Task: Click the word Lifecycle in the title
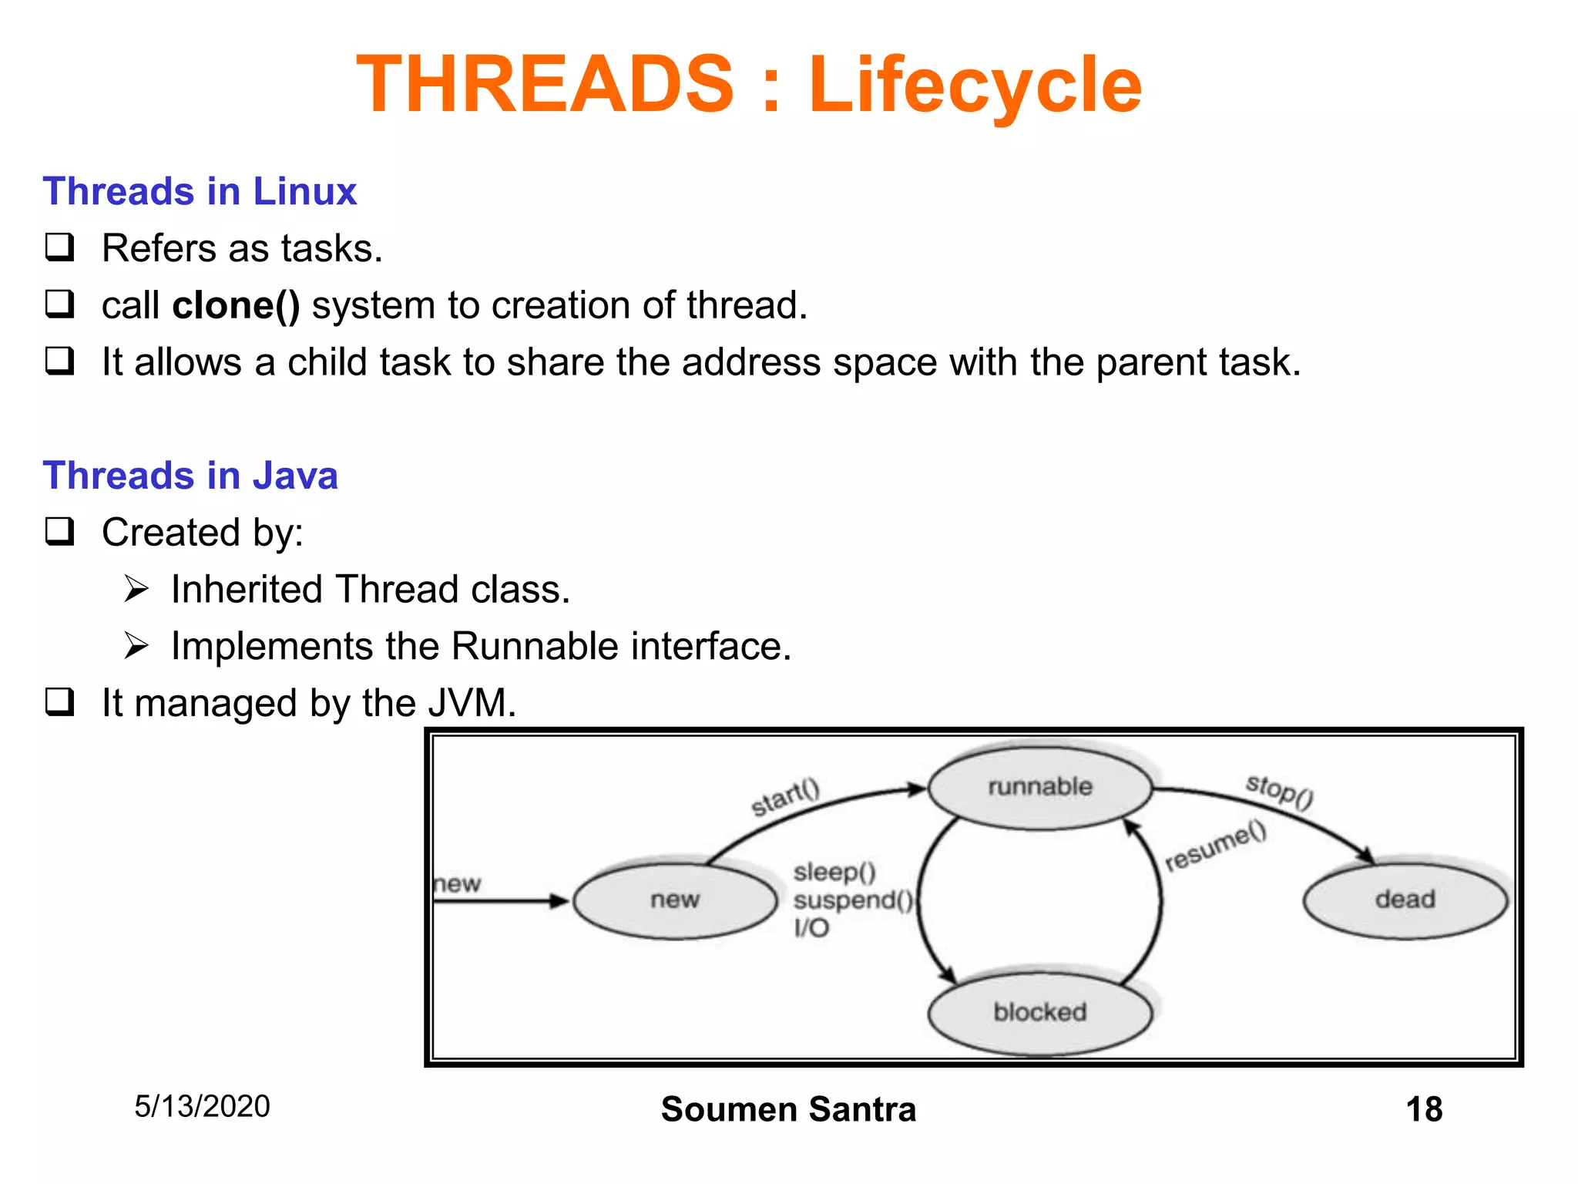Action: (x=975, y=85)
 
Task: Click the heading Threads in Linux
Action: (x=200, y=191)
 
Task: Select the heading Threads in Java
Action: (x=190, y=476)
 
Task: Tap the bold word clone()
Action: (x=236, y=305)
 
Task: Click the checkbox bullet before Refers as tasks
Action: (x=60, y=247)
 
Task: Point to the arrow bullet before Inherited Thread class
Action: (x=136, y=590)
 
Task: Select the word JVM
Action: (x=470, y=703)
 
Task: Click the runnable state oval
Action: (x=1039, y=787)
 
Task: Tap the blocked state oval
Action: (x=1039, y=1011)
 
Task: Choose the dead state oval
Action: (x=1404, y=900)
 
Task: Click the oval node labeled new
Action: (x=674, y=900)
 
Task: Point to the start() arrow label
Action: (x=785, y=797)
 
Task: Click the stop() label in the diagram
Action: (x=1279, y=791)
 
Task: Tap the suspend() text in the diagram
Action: (x=852, y=900)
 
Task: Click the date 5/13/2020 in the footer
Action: (x=202, y=1106)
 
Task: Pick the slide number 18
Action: (x=1423, y=1109)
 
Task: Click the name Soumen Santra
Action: (x=788, y=1109)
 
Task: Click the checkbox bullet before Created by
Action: (x=60, y=532)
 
